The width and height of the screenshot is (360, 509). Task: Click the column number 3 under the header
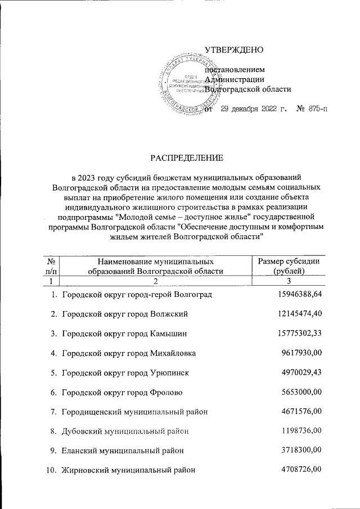tap(289, 281)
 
